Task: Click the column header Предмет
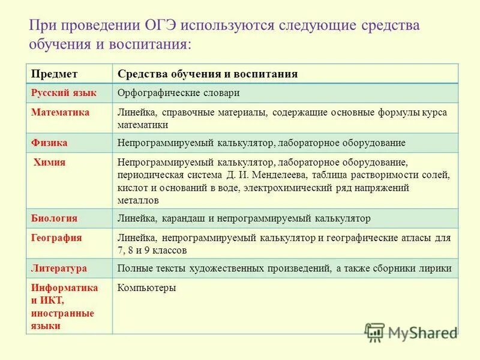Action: (54, 74)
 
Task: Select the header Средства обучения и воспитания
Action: (208, 74)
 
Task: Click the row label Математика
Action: (60, 112)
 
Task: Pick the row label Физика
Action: (49, 143)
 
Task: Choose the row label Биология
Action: (54, 218)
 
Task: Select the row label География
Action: (56, 238)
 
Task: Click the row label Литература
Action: (59, 268)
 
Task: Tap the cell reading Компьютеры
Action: (146, 288)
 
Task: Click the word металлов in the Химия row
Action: (138, 200)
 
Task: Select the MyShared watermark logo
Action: (412, 331)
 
